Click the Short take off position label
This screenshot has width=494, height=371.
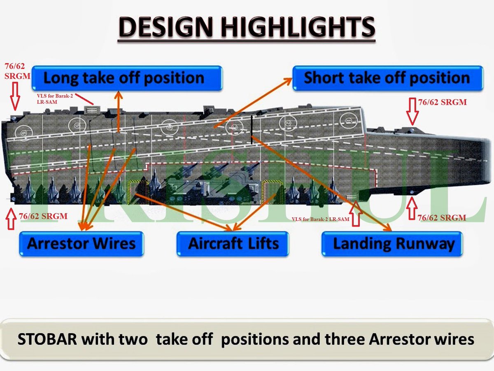387,78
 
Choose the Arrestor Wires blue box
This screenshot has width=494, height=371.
81,243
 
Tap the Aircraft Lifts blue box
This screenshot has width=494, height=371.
233,243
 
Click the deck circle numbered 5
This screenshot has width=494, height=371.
77,124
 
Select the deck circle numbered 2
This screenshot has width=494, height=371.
285,122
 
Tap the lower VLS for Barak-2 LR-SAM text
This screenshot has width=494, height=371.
320,219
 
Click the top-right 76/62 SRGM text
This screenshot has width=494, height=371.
443,103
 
